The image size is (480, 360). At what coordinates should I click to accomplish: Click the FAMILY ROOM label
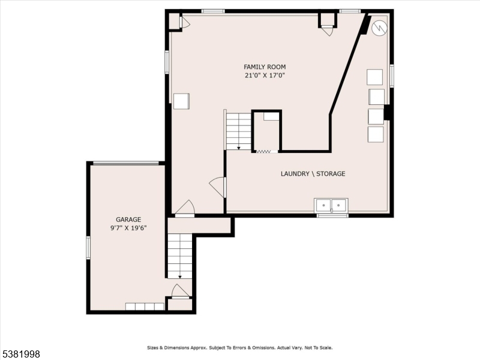tap(265, 67)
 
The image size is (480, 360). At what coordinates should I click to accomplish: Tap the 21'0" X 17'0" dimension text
tap(265, 76)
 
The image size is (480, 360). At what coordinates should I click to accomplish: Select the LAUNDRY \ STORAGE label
tap(313, 174)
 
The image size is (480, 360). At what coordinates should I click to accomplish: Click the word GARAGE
tap(128, 220)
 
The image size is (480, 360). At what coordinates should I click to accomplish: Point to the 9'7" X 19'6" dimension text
tap(128, 228)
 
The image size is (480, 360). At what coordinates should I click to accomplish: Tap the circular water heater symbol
tap(379, 28)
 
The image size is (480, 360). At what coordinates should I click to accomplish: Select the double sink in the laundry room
tap(331, 205)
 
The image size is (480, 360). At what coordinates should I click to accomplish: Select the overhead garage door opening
tap(126, 163)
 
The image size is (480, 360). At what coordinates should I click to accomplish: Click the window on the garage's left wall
tap(88, 248)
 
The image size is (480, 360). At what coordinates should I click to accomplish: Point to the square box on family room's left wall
tap(181, 101)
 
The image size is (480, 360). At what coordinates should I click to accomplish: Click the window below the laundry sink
tap(332, 215)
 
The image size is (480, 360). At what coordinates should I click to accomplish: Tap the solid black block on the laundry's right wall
tap(388, 112)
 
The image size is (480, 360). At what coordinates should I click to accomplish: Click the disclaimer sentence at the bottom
tap(240, 347)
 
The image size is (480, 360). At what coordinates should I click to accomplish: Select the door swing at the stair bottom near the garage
tap(180, 291)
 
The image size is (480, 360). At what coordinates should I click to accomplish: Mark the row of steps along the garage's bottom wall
tap(145, 307)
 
